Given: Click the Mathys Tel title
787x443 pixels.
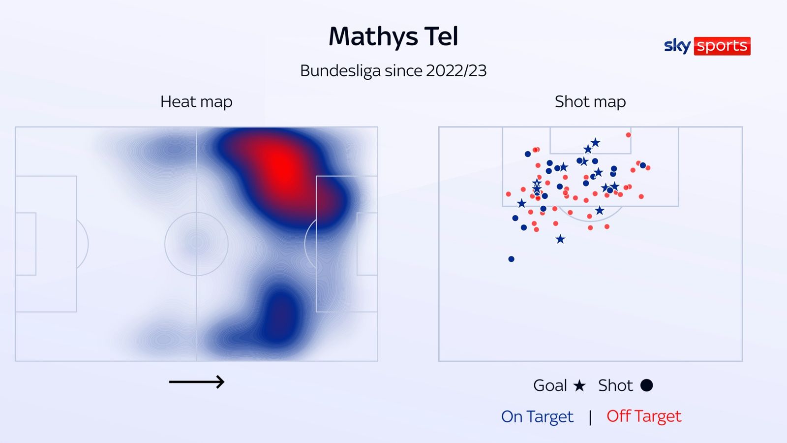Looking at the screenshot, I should [393, 37].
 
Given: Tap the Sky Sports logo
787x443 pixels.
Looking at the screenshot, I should [707, 46].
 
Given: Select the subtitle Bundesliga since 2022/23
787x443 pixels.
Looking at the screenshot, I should [393, 71].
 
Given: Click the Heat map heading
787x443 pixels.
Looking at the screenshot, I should [196, 102].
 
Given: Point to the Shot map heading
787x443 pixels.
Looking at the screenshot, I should [590, 102].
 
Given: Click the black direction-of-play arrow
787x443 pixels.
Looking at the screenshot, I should [197, 381].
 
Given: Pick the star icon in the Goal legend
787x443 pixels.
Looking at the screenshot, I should [579, 385].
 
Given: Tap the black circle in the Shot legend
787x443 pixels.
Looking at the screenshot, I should [646, 385].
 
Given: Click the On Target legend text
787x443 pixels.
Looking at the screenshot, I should [537, 417].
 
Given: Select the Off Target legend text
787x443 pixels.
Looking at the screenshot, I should [644, 416].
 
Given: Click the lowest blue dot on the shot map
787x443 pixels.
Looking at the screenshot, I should [511, 259].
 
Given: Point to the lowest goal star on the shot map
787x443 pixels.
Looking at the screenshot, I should [560, 240].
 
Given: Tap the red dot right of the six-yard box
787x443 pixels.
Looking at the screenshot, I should [628, 135].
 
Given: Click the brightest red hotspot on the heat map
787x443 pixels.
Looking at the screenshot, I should [280, 165].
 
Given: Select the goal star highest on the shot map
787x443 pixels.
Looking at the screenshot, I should [595, 143].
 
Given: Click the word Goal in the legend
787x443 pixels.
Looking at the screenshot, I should [550, 385].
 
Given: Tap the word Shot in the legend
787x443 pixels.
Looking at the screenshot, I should [615, 385].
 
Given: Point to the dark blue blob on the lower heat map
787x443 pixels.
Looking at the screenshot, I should [279, 315].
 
